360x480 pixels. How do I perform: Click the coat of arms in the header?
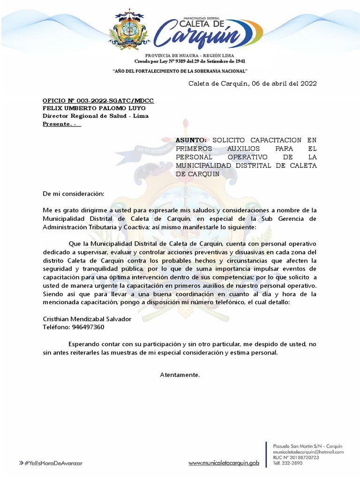coord(128,30)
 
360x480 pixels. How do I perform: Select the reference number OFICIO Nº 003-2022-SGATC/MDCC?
coord(98,101)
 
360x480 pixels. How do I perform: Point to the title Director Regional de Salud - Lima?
coord(95,116)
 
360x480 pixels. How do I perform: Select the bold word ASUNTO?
coord(190,140)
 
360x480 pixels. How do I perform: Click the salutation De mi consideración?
coord(74,193)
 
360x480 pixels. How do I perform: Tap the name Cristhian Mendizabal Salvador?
coord(87,319)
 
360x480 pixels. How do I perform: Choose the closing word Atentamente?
coord(180,375)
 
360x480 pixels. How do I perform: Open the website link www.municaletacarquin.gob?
coord(224,463)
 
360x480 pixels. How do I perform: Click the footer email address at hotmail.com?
coord(308,452)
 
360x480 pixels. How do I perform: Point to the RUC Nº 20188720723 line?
coord(296,457)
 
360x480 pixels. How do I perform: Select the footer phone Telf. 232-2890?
coord(288,463)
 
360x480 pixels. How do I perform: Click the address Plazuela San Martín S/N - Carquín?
coord(307,446)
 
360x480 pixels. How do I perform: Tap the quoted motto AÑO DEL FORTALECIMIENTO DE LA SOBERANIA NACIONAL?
coord(180,71)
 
